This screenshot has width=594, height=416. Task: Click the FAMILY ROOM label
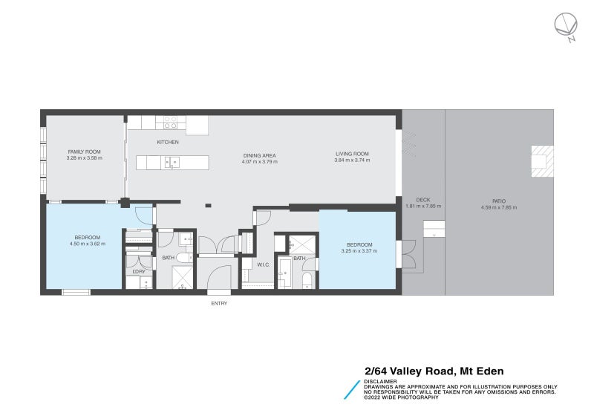coord(83,152)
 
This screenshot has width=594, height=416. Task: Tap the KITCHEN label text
coord(167,142)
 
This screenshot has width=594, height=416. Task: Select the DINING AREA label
coord(259,155)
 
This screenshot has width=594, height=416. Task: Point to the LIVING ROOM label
coord(351,154)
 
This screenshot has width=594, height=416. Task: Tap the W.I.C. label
coord(262,264)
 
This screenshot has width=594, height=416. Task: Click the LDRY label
coord(139,271)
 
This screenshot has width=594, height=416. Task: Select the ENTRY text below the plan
coord(219,303)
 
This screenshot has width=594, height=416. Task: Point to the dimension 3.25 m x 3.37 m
coord(359,251)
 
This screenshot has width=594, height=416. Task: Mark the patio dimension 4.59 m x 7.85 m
coord(499,207)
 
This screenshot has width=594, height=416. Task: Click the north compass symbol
coord(565,26)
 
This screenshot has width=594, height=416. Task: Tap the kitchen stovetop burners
coord(171,122)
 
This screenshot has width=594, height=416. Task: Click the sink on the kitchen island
coord(172,162)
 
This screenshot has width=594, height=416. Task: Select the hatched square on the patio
coord(541,160)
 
